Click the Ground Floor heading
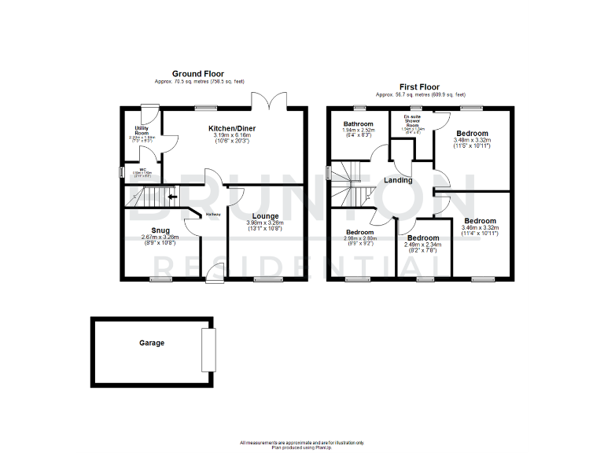[195, 73]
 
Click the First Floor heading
[420, 87]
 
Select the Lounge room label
[266, 215]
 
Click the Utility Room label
[142, 131]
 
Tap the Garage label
[152, 343]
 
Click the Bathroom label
[358, 124]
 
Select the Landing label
[398, 180]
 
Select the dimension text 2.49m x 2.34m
[422, 245]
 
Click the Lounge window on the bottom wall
[266, 279]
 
